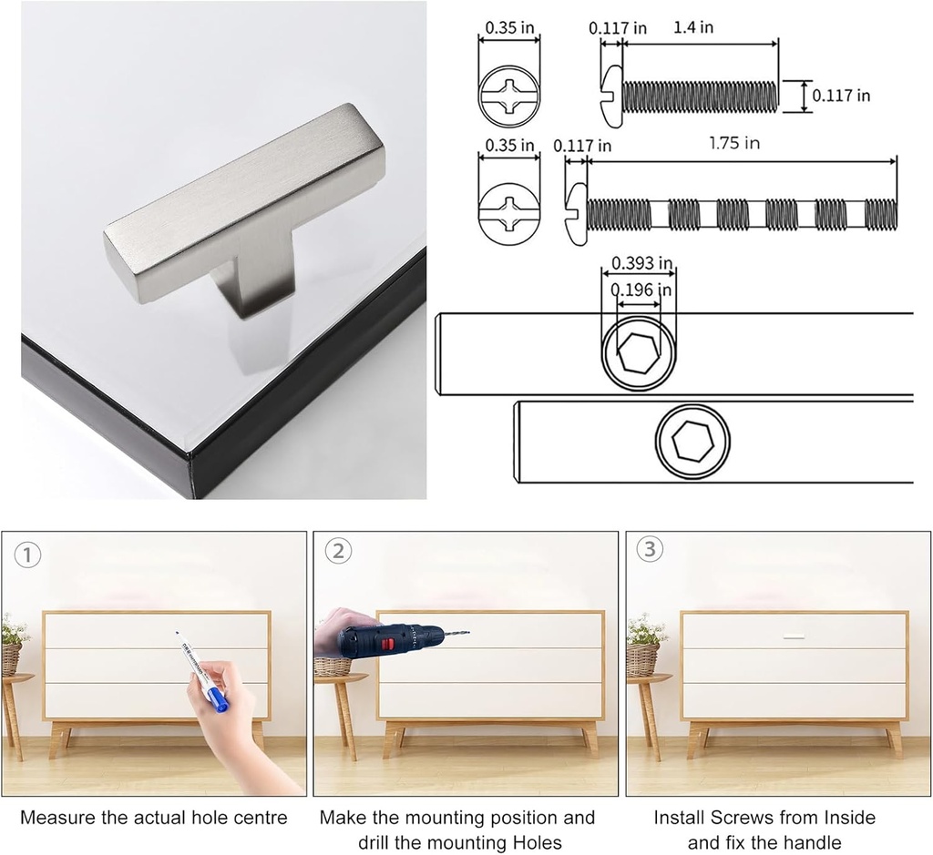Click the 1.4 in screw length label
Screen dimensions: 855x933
[x=693, y=27]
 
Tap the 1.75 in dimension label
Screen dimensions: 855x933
[x=734, y=143]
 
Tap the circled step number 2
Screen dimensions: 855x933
[x=339, y=551]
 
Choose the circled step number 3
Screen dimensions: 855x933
[x=650, y=550]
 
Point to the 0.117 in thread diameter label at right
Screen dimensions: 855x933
[x=841, y=95]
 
